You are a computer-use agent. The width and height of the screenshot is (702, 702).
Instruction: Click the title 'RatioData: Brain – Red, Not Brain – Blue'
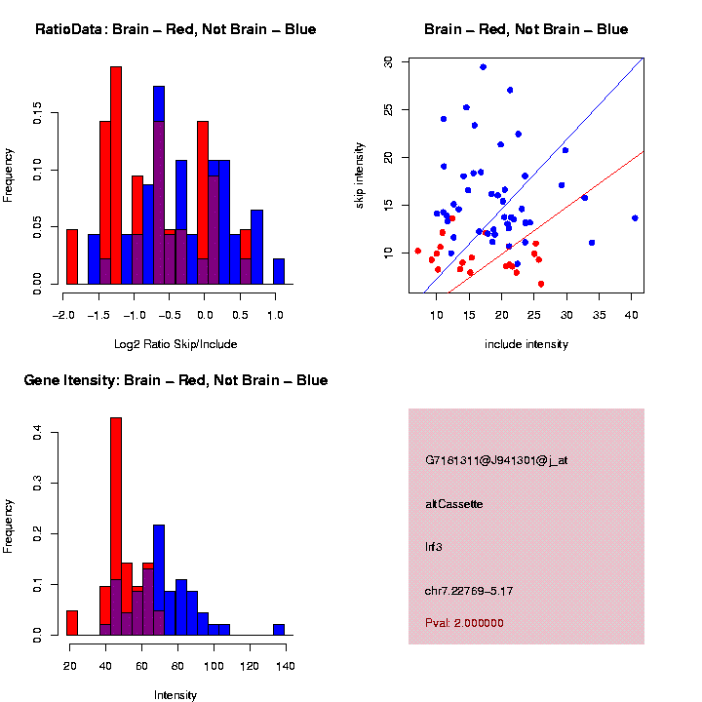[x=175, y=29]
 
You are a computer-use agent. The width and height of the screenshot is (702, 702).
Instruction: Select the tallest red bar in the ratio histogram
[x=116, y=175]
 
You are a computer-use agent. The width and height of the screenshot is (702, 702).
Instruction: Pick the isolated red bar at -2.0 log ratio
[x=71, y=260]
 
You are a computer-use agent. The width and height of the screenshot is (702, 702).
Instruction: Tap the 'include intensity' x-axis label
[x=526, y=344]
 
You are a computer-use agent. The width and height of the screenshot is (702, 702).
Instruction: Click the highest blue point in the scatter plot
[x=483, y=67]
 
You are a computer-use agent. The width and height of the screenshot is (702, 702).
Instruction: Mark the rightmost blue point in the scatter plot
[x=635, y=218]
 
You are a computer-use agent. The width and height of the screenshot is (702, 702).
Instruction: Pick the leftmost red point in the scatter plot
[x=417, y=251]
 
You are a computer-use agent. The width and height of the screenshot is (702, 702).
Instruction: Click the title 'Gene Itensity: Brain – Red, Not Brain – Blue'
[x=175, y=380]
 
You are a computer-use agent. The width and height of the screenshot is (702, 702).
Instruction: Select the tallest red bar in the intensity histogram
[x=116, y=526]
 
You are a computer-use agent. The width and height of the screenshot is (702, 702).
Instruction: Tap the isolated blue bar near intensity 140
[x=279, y=630]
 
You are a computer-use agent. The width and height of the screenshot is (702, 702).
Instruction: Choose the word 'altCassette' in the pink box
[x=454, y=504]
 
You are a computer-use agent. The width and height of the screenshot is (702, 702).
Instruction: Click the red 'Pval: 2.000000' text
[x=465, y=623]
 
